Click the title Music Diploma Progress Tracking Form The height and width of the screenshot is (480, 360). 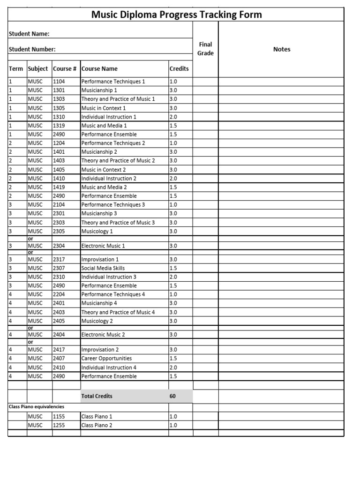176,15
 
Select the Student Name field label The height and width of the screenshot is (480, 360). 30,34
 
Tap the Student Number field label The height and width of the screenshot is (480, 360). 32,49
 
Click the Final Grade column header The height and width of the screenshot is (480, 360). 205,49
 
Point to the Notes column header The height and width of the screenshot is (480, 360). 281,49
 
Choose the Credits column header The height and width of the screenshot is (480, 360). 179,68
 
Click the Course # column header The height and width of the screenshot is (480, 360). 65,68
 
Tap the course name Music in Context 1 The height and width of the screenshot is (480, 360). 104,108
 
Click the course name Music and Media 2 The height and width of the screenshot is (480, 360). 104,187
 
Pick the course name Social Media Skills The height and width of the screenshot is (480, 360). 103,268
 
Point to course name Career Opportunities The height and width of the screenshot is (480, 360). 106,359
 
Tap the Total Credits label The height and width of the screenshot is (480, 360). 97,396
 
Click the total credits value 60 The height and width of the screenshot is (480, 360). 172,396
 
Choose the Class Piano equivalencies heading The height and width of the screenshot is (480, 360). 37,407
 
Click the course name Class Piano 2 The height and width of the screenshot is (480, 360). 97,425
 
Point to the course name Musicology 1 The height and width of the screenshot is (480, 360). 97,231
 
